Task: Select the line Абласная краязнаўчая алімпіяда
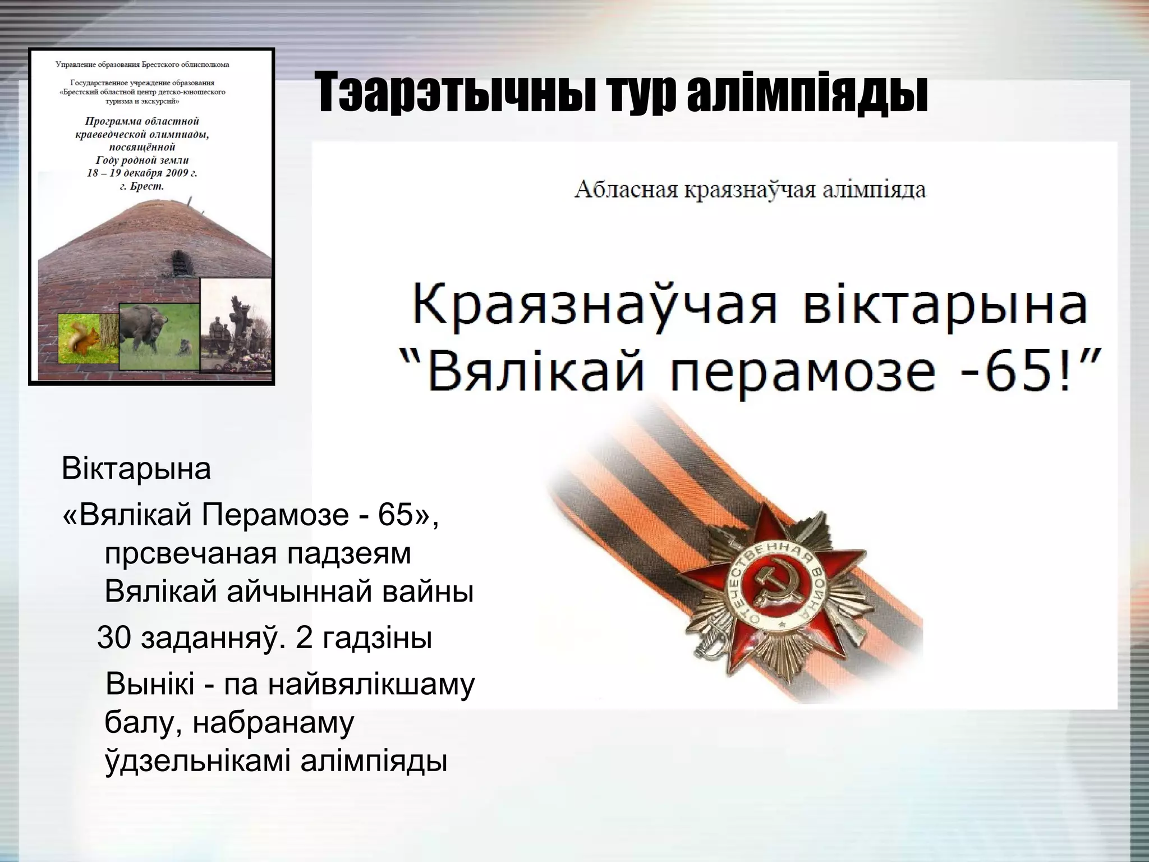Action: pyautogui.click(x=750, y=190)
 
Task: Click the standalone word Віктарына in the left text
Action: pyautogui.click(x=136, y=469)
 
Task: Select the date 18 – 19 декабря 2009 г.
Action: pyautogui.click(x=142, y=173)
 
